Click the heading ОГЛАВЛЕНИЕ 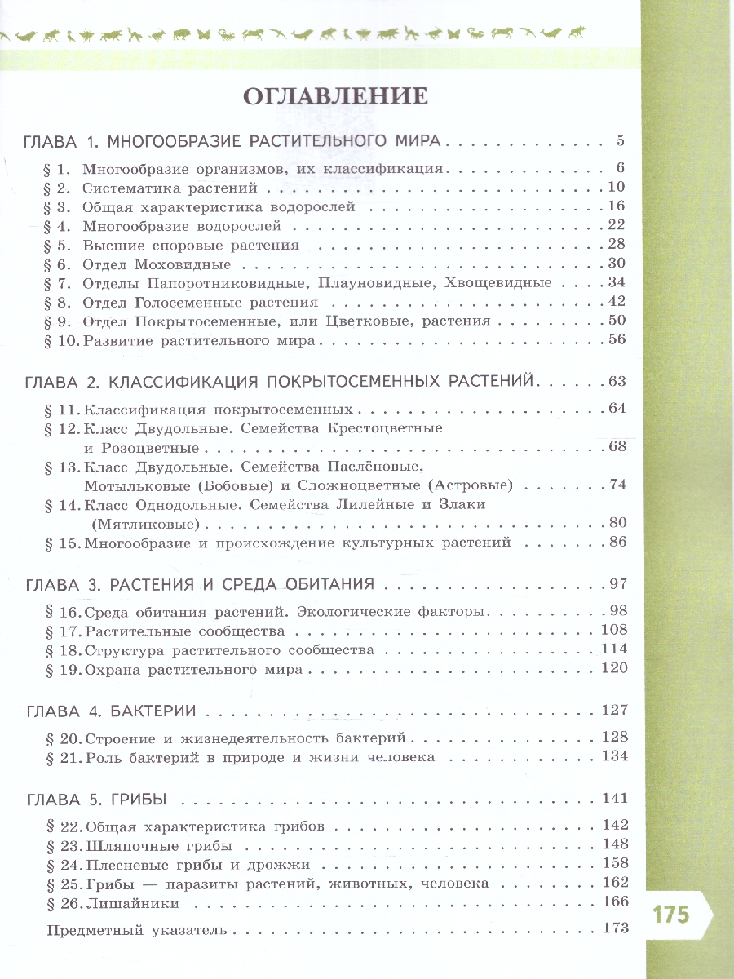[336, 96]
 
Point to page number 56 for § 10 [616, 340]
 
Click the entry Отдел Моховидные [157, 264]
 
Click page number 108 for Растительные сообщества [612, 630]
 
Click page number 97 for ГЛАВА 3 [616, 584]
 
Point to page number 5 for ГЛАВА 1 [621, 141]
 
